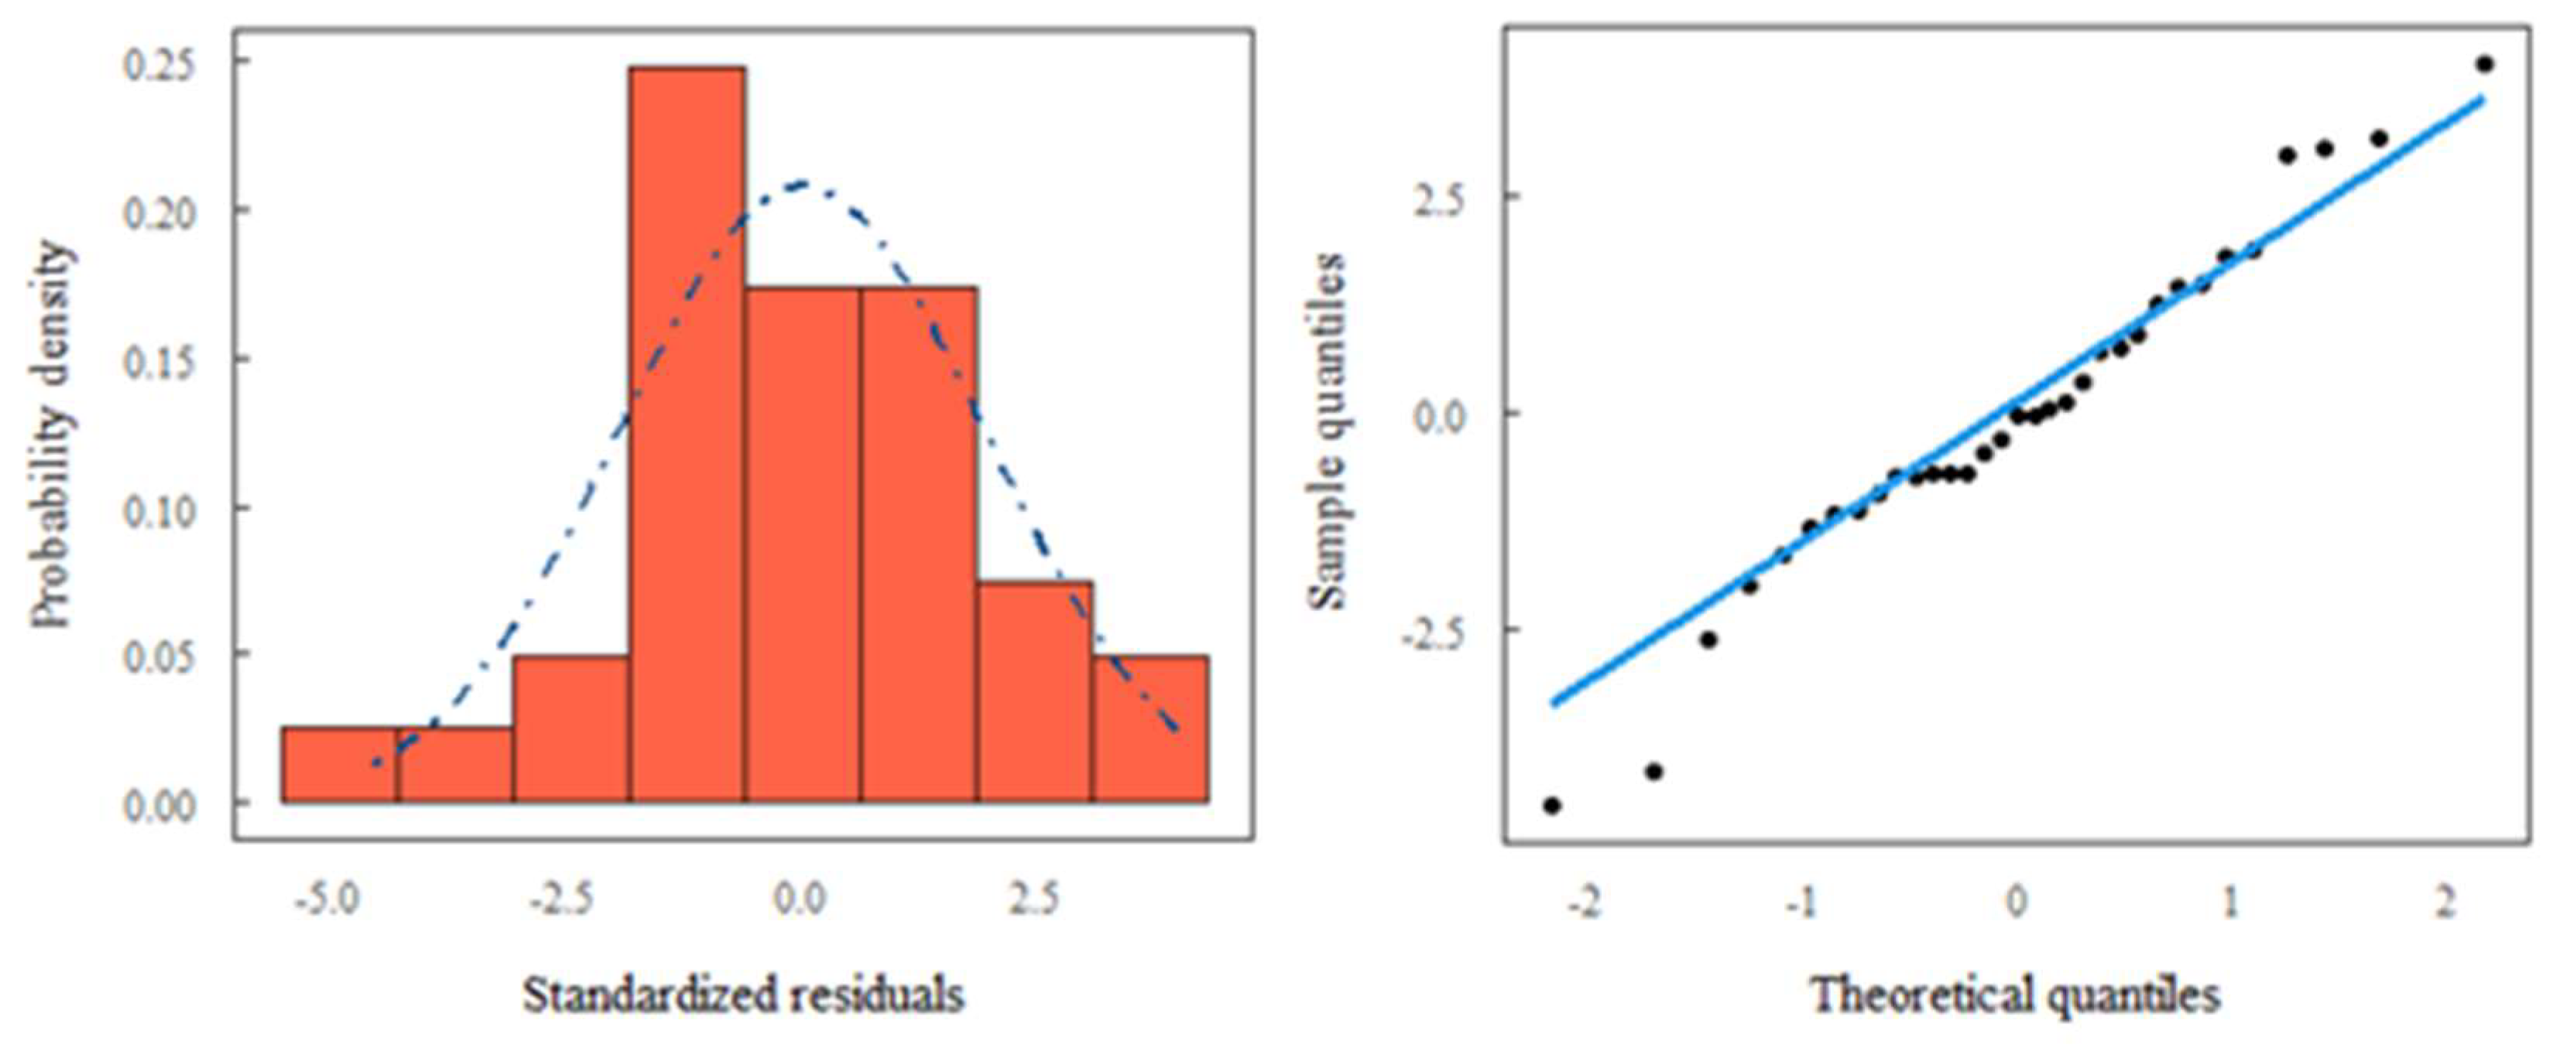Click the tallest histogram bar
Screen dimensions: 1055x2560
click(x=687, y=434)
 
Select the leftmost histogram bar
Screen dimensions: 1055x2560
click(x=339, y=764)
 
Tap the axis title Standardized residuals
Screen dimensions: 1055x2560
click(x=743, y=995)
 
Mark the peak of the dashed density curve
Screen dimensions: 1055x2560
click(x=801, y=183)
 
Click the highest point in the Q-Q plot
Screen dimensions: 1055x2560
click(x=2484, y=64)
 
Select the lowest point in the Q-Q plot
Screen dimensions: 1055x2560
click(x=1552, y=804)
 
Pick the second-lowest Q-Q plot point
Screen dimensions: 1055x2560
click(x=1654, y=771)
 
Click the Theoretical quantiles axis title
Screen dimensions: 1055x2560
click(x=2015, y=995)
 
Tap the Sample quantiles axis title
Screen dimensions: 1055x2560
click(x=1327, y=431)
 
